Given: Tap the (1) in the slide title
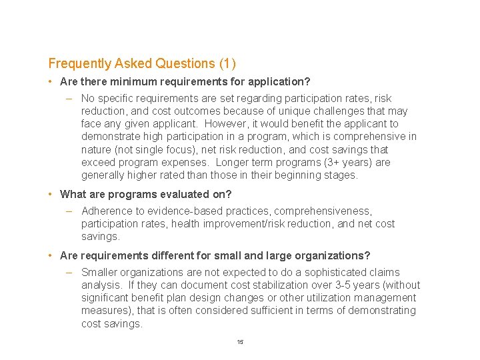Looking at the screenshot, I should tap(227, 64).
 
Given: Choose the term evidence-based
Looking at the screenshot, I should tap(183, 211).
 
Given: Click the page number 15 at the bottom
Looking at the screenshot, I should tap(240, 342).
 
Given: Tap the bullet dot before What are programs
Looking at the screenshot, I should tap(51, 195).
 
